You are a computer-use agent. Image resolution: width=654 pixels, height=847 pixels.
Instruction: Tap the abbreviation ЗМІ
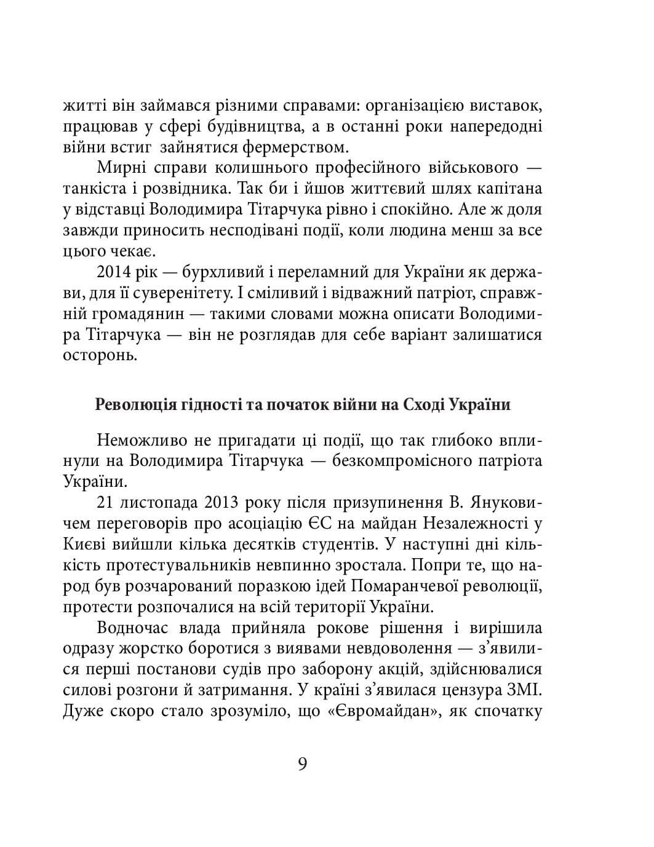click(x=526, y=691)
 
